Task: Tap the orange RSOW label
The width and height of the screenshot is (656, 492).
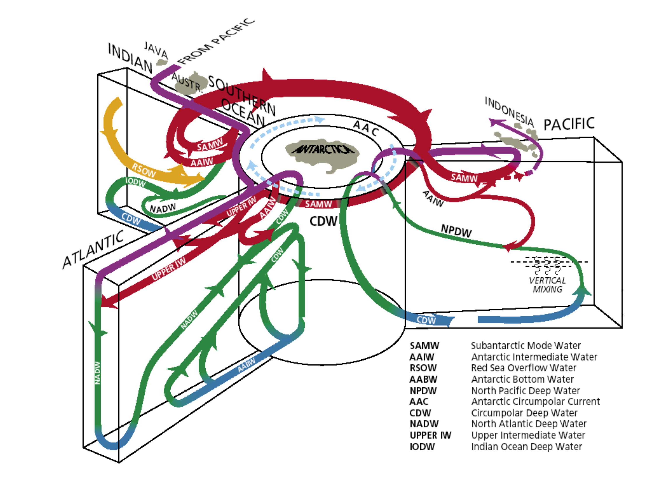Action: [144, 170]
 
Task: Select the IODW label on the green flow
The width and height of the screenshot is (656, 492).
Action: [136, 182]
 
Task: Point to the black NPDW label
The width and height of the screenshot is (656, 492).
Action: [456, 231]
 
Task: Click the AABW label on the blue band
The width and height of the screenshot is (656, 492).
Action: [247, 365]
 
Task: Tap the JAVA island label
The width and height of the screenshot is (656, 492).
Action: [156, 50]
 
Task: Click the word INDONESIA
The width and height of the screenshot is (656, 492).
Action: [509, 111]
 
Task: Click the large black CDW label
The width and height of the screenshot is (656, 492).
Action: [323, 221]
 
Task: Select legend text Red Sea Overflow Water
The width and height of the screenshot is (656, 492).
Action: [523, 368]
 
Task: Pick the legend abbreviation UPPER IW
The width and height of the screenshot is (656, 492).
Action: [430, 435]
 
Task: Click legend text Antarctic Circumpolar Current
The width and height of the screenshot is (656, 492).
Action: [535, 402]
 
